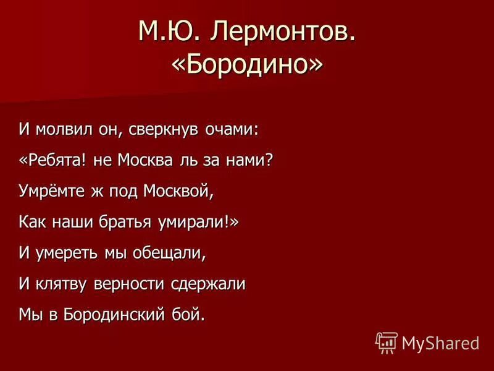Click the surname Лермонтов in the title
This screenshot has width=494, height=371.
(x=285, y=32)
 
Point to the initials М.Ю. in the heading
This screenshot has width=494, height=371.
(x=169, y=32)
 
